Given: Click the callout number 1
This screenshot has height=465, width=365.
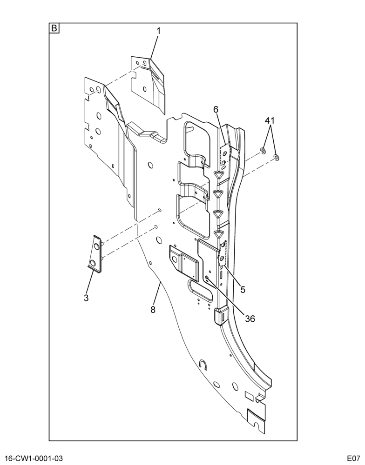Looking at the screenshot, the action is pyautogui.click(x=158, y=31).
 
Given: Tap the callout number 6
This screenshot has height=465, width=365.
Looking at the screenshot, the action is pyautogui.click(x=216, y=109).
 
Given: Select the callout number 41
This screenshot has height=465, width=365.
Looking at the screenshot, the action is pyautogui.click(x=270, y=121).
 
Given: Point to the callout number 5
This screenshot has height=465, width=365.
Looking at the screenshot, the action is pyautogui.click(x=243, y=290).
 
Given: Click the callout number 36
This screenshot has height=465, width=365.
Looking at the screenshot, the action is pyautogui.click(x=250, y=319).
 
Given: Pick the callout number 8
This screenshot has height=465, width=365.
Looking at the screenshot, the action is pyautogui.click(x=153, y=310).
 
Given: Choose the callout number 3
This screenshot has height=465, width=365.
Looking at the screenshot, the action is pyautogui.click(x=86, y=298).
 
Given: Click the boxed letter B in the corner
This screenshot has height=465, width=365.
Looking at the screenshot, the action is pyautogui.click(x=54, y=28).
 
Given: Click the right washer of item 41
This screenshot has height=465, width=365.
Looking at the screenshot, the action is pyautogui.click(x=276, y=157).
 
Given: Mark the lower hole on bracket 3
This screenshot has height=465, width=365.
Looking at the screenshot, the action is pyautogui.click(x=93, y=263).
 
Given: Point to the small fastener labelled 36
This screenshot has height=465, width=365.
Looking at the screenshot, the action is pyautogui.click(x=207, y=277).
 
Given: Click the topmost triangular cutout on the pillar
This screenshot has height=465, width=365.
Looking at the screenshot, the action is pyautogui.click(x=219, y=175).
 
